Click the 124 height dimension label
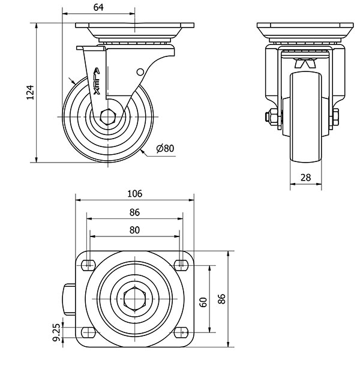[30, 92]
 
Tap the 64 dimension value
[98, 7]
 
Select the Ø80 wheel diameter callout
[165, 148]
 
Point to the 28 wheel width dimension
[305, 178]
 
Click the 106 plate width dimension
[135, 194]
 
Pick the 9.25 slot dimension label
[56, 332]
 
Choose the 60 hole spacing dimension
[203, 302]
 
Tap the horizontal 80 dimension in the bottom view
[134, 230]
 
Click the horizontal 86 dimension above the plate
[134, 212]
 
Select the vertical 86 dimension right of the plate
[221, 299]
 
